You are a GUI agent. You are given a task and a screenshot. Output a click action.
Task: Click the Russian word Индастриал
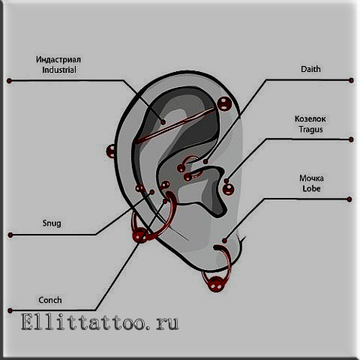(58, 59)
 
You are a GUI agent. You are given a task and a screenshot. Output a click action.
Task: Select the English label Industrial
(59, 70)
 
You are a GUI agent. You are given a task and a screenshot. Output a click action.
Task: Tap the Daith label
(310, 69)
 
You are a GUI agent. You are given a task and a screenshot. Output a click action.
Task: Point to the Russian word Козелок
(310, 118)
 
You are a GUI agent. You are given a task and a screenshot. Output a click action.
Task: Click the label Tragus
(310, 130)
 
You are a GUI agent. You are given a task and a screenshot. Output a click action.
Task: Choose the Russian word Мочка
(311, 178)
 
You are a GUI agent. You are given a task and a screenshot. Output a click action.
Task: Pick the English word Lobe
(311, 188)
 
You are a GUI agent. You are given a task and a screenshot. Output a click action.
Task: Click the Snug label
(52, 223)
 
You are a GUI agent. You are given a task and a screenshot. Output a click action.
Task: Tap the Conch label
(50, 300)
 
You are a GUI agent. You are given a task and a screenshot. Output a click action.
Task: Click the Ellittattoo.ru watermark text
(100, 322)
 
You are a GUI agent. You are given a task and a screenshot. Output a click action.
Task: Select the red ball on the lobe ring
(215, 283)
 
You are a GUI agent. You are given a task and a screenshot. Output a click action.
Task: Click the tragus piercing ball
(228, 189)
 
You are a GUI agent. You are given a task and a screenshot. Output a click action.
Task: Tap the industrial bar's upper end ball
(224, 103)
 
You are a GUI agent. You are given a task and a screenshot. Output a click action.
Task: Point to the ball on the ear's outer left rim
(111, 151)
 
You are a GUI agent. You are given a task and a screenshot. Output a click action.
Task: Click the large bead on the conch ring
(139, 235)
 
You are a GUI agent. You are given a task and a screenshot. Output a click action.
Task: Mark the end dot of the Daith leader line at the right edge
(351, 80)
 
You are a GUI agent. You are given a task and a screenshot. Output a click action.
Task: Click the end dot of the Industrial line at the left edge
(9, 81)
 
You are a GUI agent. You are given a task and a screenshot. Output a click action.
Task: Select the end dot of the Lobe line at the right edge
(349, 199)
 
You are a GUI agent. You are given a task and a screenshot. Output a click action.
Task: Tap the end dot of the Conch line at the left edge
(10, 310)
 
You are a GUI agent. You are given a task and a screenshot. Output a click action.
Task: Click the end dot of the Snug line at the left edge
(10, 235)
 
